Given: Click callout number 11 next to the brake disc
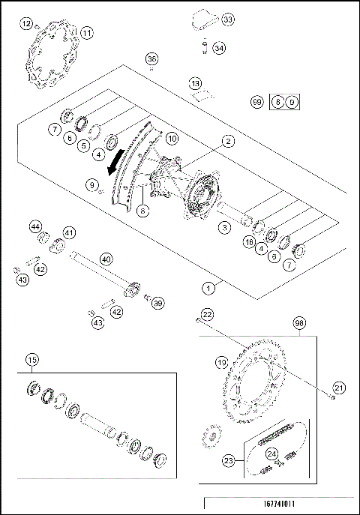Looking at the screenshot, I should (87, 33).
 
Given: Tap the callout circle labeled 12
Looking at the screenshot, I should (27, 24).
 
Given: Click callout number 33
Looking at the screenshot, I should (227, 19).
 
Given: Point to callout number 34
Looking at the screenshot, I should (218, 48).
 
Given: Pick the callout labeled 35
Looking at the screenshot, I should (152, 59).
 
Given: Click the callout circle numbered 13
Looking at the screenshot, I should (195, 83).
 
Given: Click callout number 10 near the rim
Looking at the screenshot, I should (171, 139).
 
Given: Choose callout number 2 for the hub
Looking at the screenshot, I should (226, 140).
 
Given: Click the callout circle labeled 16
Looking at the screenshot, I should (248, 242).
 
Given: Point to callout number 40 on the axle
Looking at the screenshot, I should (106, 259).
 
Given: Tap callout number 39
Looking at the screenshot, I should (157, 303).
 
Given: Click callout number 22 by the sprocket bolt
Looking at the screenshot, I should (207, 314).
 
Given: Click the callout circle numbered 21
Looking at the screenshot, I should (338, 388).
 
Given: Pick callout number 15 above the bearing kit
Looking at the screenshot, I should (31, 359).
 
